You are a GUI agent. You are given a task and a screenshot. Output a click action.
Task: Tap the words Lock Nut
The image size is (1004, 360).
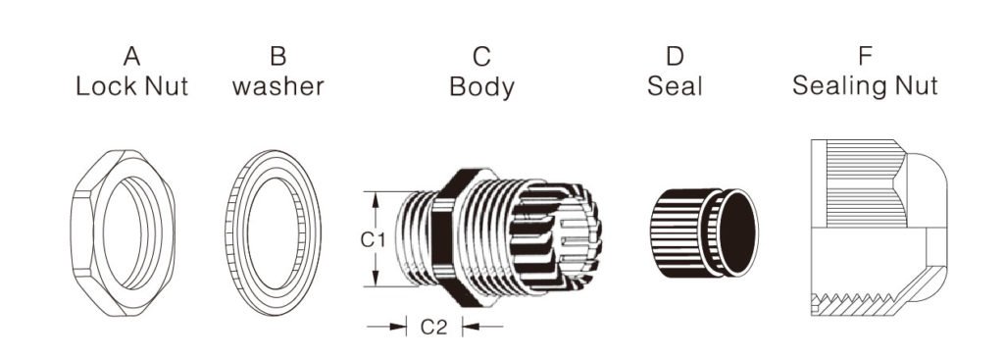click(132, 86)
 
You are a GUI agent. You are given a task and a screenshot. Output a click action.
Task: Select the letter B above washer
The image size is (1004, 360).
click(277, 56)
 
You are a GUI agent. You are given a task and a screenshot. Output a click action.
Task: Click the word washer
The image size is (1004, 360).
click(277, 86)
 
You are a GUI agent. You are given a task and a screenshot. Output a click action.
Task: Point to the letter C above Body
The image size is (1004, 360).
click(481, 56)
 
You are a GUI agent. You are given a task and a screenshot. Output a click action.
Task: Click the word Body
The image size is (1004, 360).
click(481, 87)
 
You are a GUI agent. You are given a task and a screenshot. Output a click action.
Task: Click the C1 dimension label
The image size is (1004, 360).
click(370, 238)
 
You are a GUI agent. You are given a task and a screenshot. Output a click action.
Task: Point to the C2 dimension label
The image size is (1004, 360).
click(434, 328)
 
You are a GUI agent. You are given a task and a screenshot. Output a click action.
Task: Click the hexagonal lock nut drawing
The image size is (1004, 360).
click(123, 236)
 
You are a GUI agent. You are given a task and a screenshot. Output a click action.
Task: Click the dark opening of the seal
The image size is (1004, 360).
click(737, 234)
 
